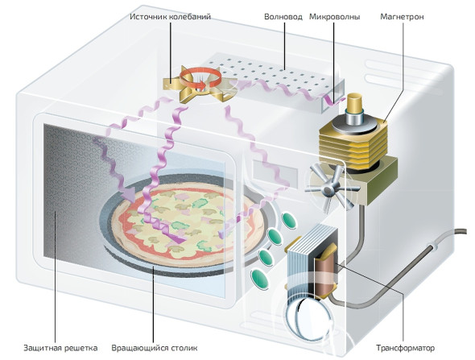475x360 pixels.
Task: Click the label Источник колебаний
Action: tap(170, 16)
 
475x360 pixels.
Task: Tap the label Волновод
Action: tap(283, 16)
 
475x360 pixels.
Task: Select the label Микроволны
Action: tap(334, 17)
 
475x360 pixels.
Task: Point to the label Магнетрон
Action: tap(402, 16)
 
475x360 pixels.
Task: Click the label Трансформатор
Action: tap(405, 348)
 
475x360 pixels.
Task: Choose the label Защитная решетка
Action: tap(60, 348)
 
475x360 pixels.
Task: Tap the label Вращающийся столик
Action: tap(155, 348)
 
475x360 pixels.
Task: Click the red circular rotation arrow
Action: tap(200, 78)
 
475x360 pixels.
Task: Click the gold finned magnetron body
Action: tap(353, 143)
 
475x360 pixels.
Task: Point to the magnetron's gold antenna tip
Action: tap(355, 101)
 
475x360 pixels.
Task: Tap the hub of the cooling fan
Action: tap(328, 190)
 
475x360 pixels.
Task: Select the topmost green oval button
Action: tap(288, 221)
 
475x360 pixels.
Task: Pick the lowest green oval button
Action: tap(259, 278)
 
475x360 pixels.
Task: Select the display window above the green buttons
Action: tap(275, 172)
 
